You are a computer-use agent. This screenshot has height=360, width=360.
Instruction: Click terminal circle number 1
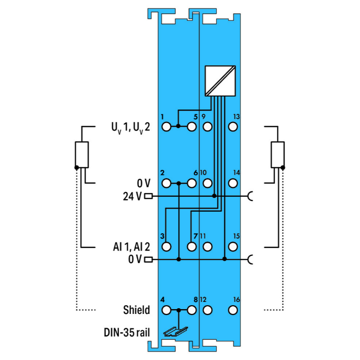[x=167, y=127]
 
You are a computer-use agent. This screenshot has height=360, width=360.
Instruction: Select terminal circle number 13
[x=233, y=127]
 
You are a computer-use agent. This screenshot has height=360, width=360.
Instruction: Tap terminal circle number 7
[x=192, y=247]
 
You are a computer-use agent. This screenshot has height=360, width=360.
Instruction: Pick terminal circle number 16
[x=233, y=311]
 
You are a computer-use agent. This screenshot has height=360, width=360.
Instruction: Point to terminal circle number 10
[x=207, y=183]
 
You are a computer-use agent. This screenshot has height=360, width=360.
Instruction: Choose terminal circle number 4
[x=167, y=311]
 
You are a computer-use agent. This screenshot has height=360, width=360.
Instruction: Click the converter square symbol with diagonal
[x=220, y=81]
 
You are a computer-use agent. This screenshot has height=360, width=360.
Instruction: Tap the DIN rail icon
[x=176, y=332]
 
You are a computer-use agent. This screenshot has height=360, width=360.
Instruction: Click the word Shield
[x=136, y=310]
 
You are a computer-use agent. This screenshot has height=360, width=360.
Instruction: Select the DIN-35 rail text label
[x=127, y=333]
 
